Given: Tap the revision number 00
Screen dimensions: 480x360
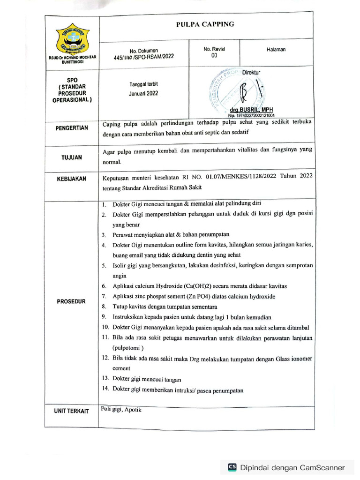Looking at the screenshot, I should (214, 55).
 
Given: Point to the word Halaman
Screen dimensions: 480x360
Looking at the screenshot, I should (276, 49).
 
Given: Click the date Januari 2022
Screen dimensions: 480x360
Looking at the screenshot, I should (143, 93).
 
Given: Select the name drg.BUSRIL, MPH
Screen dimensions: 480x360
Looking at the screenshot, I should (252, 110).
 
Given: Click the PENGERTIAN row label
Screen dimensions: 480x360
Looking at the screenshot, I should (72, 127).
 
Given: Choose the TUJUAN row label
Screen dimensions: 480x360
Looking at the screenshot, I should (72, 158).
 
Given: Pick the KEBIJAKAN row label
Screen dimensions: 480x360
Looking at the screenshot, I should (72, 179).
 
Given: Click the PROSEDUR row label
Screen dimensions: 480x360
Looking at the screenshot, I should (72, 301).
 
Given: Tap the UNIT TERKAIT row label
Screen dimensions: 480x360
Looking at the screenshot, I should (72, 411).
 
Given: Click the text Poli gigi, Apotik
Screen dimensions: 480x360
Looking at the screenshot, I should (121, 409).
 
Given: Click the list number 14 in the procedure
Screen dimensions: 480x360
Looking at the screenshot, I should (105, 390).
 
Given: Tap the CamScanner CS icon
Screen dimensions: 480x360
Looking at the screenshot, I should (232, 467).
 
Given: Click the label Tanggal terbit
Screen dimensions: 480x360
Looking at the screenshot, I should (143, 84).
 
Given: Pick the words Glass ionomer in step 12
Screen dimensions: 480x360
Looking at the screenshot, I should (289, 358).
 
